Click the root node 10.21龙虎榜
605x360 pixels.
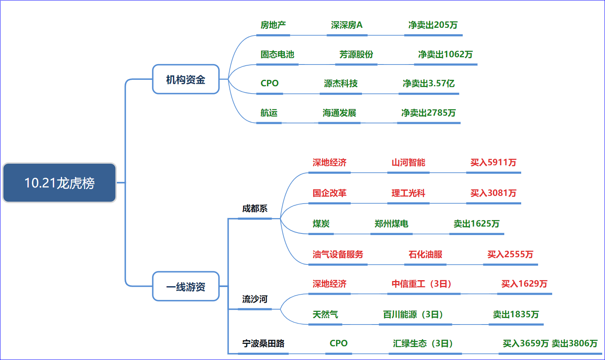[x=59, y=183]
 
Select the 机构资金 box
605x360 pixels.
[x=186, y=79]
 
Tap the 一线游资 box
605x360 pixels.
[x=186, y=287]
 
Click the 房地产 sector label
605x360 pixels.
[x=273, y=25]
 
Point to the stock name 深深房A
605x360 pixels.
[x=347, y=25]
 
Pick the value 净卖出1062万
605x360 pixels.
[x=445, y=54]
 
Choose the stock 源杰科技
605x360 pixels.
[x=341, y=83]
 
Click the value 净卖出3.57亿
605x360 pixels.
[x=428, y=83]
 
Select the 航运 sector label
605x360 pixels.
[x=269, y=113]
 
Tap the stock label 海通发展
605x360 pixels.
[x=339, y=113]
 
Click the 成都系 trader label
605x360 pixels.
[x=255, y=208]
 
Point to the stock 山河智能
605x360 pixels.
[x=408, y=162]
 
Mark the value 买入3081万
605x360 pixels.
[x=493, y=193]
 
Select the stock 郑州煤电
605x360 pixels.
[x=391, y=224]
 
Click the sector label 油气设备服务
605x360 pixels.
[x=338, y=254]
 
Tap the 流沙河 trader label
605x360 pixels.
[x=255, y=299]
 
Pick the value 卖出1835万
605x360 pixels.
[x=516, y=314]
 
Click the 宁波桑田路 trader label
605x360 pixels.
[x=263, y=343]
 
